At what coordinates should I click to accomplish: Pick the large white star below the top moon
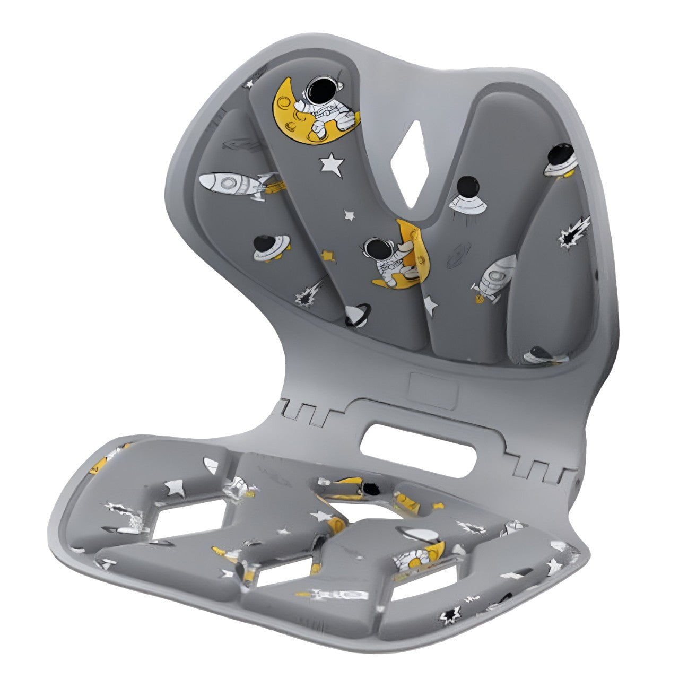point(332,164)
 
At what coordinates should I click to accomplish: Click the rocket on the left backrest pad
point(233,185)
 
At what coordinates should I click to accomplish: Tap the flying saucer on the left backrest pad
point(271,248)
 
